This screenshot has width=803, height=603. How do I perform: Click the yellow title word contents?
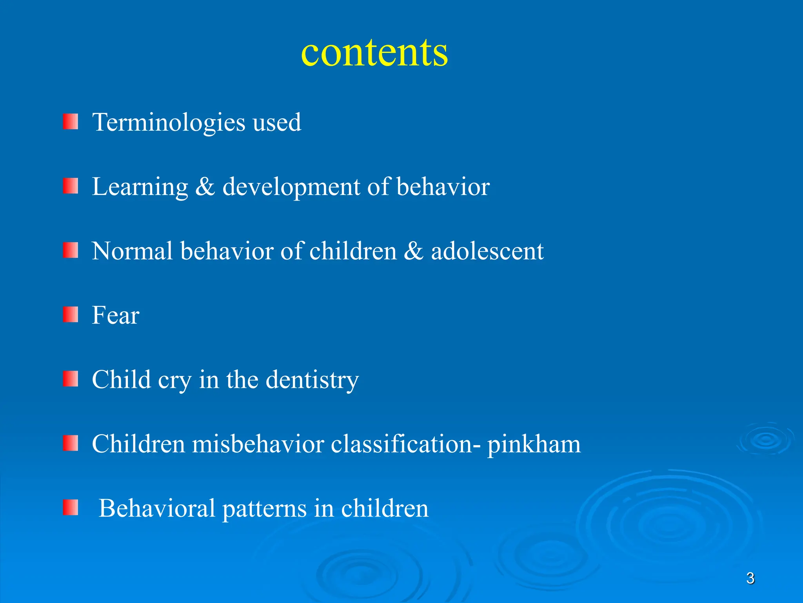tap(374, 53)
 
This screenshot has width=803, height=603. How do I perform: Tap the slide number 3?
tap(750, 578)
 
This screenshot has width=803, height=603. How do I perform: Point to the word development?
tap(291, 187)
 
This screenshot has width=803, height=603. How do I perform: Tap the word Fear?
tap(116, 315)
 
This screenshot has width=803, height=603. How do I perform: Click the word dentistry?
tap(312, 380)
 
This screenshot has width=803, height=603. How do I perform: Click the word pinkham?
tap(534, 445)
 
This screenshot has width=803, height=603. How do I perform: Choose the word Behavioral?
tap(157, 508)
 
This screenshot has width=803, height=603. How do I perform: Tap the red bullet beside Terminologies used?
tap(71, 122)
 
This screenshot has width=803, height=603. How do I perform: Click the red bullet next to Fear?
tap(71, 315)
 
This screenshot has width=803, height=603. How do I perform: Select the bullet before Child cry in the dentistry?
tap(71, 379)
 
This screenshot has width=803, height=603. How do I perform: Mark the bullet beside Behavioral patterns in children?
tap(71, 508)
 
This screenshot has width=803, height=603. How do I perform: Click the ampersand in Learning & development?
tap(205, 187)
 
